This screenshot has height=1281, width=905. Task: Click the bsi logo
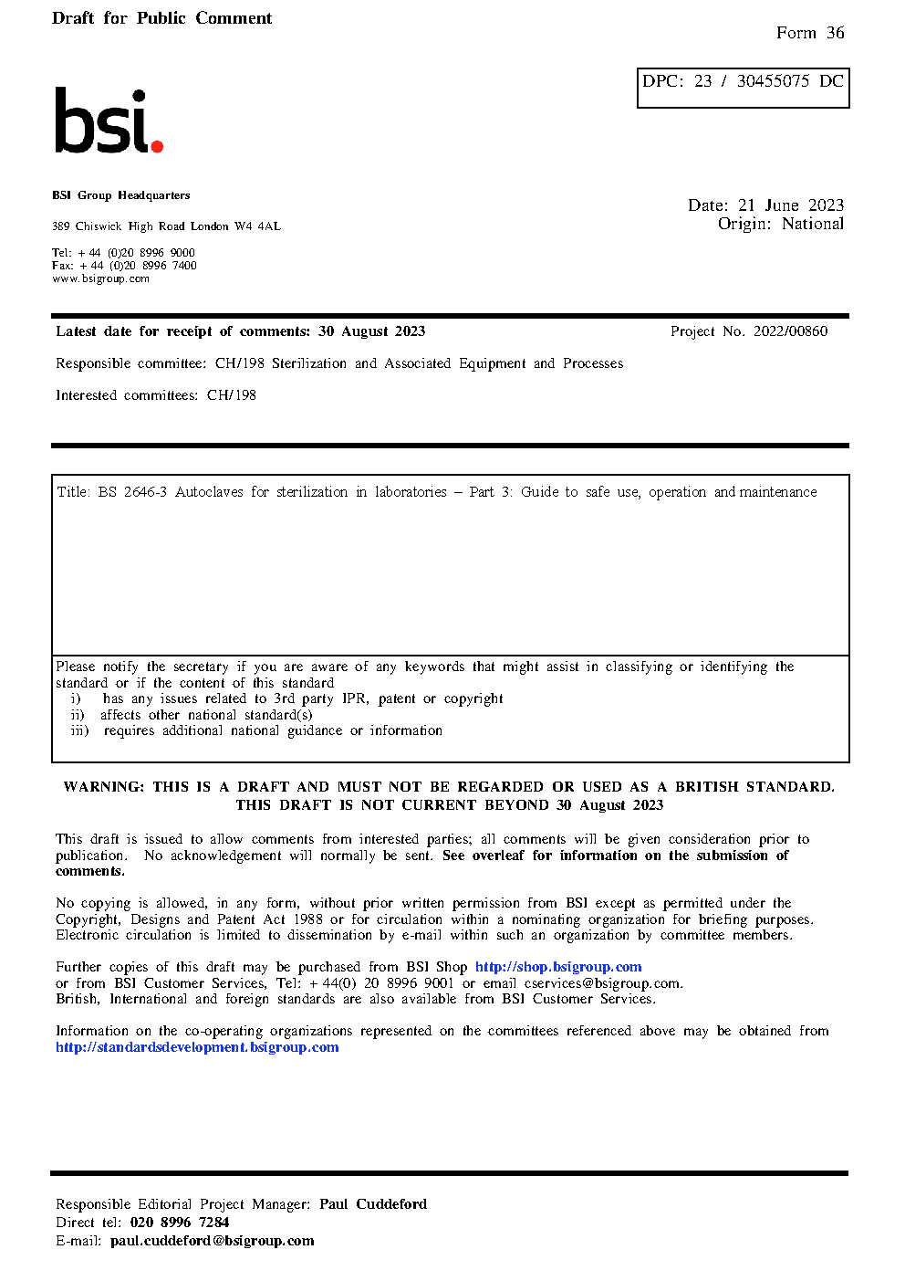[x=108, y=121]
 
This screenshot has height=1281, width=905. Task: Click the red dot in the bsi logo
[x=157, y=145]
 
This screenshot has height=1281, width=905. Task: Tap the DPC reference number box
[x=743, y=88]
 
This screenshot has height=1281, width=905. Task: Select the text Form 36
[x=810, y=33]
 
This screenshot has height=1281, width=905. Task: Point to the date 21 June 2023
[x=791, y=205]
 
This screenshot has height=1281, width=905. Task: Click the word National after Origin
[x=813, y=224]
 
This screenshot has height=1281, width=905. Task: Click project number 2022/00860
[x=790, y=331]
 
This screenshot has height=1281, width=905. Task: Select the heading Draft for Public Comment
[x=161, y=18]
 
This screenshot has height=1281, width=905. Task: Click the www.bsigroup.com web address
[x=100, y=279]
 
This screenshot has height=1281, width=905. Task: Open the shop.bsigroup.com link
[x=558, y=967]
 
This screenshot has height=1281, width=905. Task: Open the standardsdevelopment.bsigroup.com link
[x=197, y=1047]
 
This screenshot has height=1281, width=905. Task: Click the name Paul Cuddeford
[x=373, y=1204]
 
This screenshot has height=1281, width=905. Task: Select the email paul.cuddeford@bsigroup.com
[x=212, y=1241]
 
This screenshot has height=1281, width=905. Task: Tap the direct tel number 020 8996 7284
[x=180, y=1223]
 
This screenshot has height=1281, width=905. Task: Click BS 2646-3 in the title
[x=132, y=492]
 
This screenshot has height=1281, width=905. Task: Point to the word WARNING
[x=103, y=787]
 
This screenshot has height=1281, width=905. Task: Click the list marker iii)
[x=79, y=730]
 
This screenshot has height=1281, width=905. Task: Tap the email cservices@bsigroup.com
[x=602, y=983]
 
